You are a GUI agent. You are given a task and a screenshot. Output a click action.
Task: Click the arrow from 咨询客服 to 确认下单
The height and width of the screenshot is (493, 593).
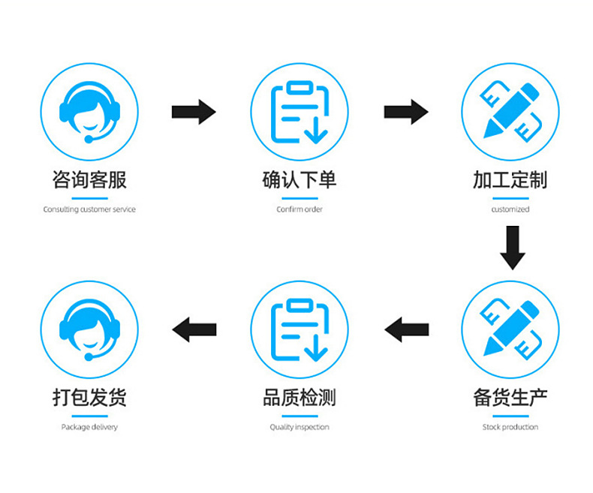coord(194,112)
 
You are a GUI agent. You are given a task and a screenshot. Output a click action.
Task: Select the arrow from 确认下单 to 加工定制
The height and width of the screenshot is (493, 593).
coord(406,112)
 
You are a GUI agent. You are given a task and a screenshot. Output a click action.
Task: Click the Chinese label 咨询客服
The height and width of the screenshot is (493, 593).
coord(89,180)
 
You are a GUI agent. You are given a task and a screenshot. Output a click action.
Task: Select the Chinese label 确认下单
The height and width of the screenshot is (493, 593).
coord(300,180)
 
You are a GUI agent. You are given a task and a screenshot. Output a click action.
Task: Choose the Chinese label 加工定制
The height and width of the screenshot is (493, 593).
coord(510,180)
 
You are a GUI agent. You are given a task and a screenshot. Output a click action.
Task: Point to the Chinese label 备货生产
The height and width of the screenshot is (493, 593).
coord(510,398)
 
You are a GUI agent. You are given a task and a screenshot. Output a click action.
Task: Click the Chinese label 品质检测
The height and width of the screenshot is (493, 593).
coord(300,398)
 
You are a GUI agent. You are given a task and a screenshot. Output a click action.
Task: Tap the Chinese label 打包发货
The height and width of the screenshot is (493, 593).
coord(89,398)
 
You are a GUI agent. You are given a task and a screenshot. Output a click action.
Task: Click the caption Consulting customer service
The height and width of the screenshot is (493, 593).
coord(89,209)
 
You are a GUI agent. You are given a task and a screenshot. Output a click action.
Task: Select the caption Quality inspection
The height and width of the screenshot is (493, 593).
coord(300,427)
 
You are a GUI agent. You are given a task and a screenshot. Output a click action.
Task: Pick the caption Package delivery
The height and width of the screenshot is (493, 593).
coord(89,427)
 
